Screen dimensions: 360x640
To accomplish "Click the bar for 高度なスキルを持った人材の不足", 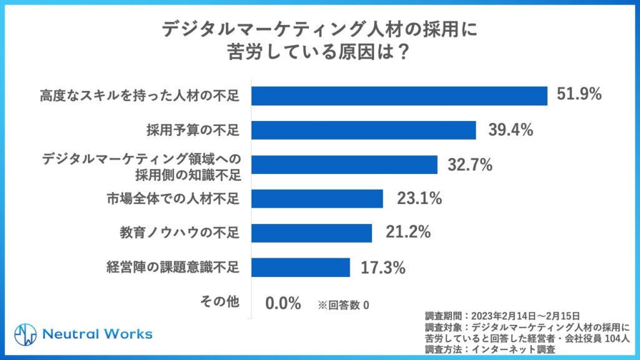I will [x=399, y=95].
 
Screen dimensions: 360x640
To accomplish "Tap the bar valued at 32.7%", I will [x=344, y=165].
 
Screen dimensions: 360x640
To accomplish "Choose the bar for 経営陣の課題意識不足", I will [x=300, y=267].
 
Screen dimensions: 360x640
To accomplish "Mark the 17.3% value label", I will [x=383, y=268].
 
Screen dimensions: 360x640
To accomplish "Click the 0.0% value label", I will [x=283, y=304].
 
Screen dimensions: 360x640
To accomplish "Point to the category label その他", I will [x=219, y=302].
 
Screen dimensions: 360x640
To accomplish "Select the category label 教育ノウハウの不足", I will [x=180, y=233].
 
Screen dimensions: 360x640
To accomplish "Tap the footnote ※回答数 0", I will [x=343, y=305].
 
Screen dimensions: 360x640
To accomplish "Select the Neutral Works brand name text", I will [x=97, y=334].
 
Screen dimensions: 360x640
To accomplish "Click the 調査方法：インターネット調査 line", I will [x=490, y=349].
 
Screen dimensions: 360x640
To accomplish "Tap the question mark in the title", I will [x=403, y=52].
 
